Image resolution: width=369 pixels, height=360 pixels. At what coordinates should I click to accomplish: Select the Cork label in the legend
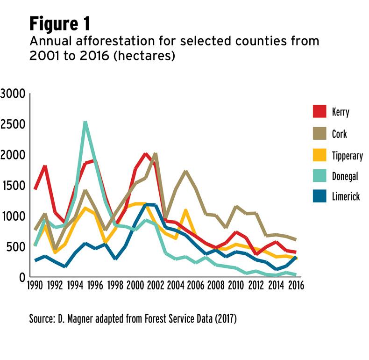(340, 134)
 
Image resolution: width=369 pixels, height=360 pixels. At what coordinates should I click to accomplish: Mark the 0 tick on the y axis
(21, 277)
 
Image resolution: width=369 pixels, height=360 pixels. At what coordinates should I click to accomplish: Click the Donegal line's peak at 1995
(85, 123)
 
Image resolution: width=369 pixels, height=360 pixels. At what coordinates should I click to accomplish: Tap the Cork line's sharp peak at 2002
(155, 155)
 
